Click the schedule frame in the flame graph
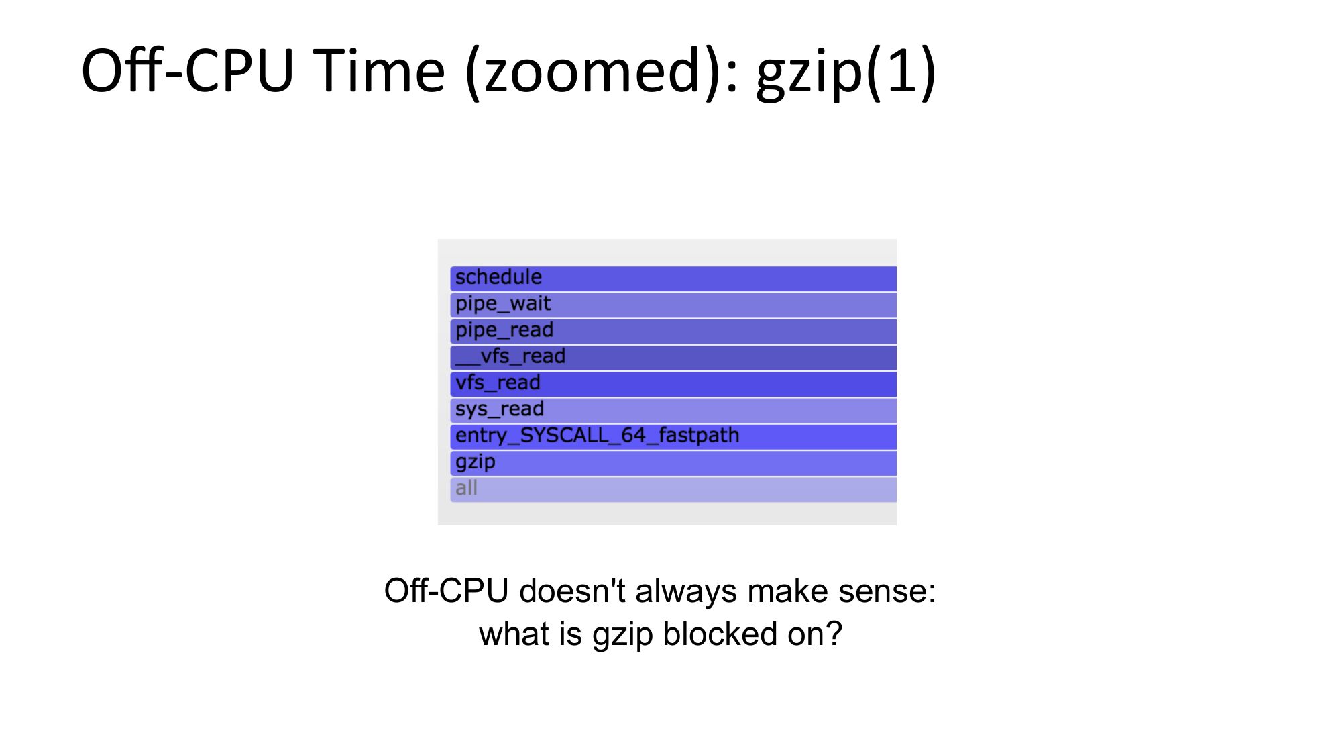pos(673,279)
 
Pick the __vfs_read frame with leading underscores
pos(673,358)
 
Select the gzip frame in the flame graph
pos(673,463)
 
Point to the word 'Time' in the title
pos(379,71)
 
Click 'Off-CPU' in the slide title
pos(188,70)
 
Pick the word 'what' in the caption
pos(511,634)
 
